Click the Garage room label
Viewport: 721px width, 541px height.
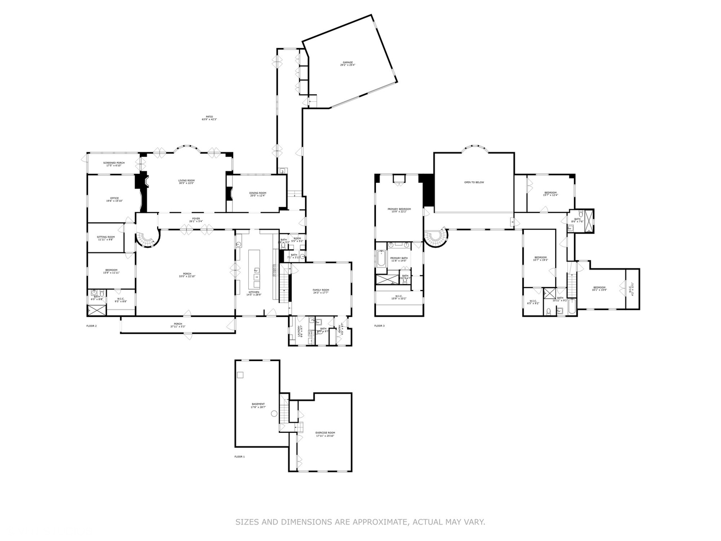click(347, 64)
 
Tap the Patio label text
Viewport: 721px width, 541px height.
click(209, 118)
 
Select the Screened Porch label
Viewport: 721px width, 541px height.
click(114, 164)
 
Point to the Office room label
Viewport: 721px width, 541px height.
click(114, 199)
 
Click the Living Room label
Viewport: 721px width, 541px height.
click(186, 181)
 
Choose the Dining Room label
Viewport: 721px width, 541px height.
click(258, 194)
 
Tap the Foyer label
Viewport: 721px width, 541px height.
click(196, 219)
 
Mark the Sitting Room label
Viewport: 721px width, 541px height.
click(106, 238)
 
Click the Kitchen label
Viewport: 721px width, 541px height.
click(253, 293)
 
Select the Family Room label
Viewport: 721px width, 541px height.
click(321, 291)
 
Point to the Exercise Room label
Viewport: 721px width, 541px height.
click(325, 434)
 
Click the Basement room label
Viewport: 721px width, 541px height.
click(258, 405)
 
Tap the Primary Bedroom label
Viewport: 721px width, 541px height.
click(399, 210)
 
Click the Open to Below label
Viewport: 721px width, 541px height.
click(474, 182)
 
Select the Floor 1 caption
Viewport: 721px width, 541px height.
click(240, 457)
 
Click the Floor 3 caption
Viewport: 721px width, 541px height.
click(380, 326)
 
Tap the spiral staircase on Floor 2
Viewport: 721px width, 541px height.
click(148, 239)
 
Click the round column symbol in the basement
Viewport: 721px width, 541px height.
click(274, 414)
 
